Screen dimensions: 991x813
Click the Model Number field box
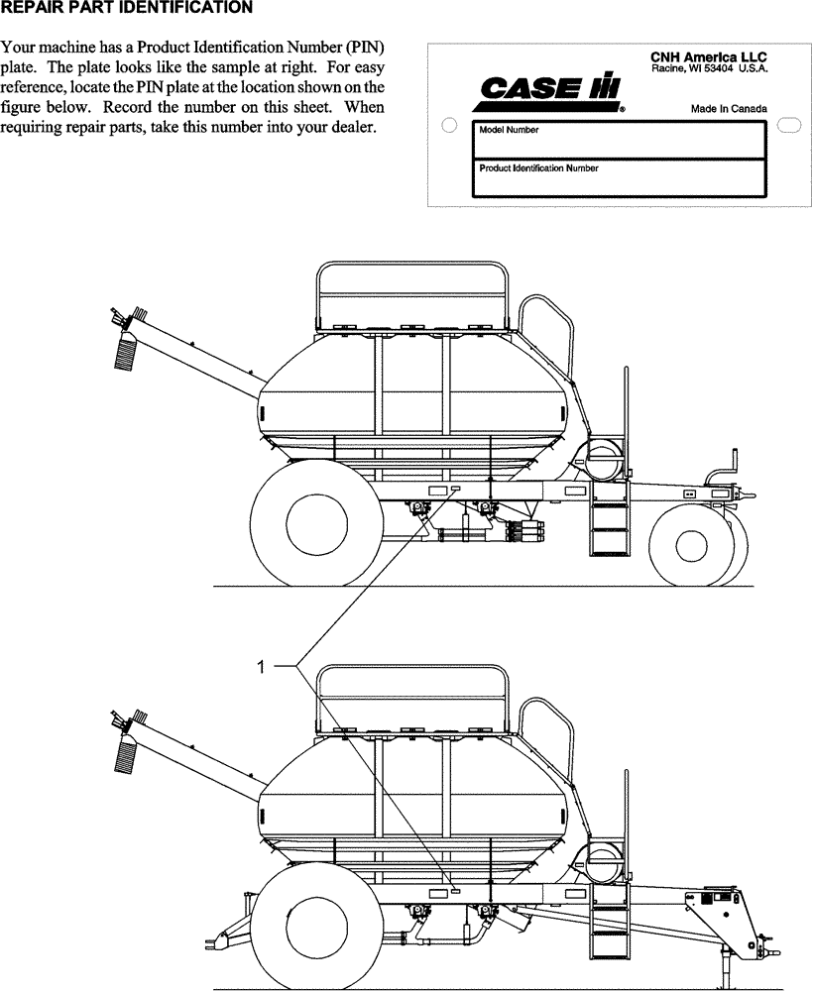(619, 141)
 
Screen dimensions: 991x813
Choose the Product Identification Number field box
(619, 178)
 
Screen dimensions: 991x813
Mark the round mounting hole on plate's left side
(448, 126)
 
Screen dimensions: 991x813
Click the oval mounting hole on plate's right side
(789, 125)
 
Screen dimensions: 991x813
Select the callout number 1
(262, 668)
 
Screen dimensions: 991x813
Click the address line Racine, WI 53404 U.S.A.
(709, 69)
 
